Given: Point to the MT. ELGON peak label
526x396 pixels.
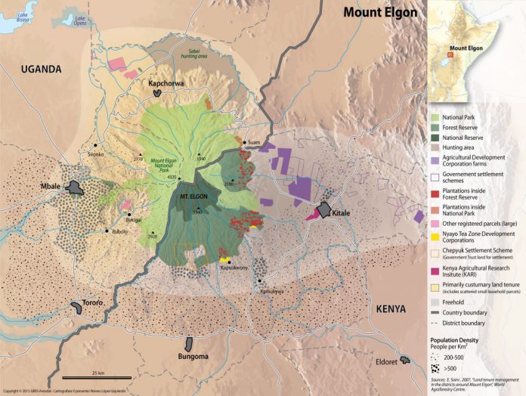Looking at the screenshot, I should click(x=193, y=196).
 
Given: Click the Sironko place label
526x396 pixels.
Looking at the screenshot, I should click(x=96, y=153).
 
